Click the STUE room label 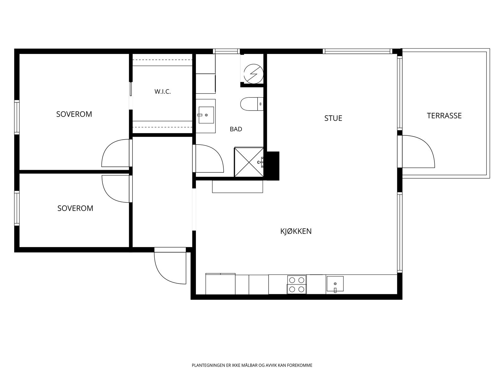point(333,118)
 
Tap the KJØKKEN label point(296,231)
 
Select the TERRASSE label point(444,116)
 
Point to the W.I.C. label point(163,92)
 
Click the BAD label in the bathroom point(236,129)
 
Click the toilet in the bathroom point(252,104)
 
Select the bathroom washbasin point(206,115)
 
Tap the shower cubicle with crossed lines point(249,162)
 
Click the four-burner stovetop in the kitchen point(297,284)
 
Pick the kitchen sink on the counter point(335,284)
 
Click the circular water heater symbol point(254,74)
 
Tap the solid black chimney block point(272,166)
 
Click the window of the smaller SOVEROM point(17,209)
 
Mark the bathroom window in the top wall point(226,51)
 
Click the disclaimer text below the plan point(252,365)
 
